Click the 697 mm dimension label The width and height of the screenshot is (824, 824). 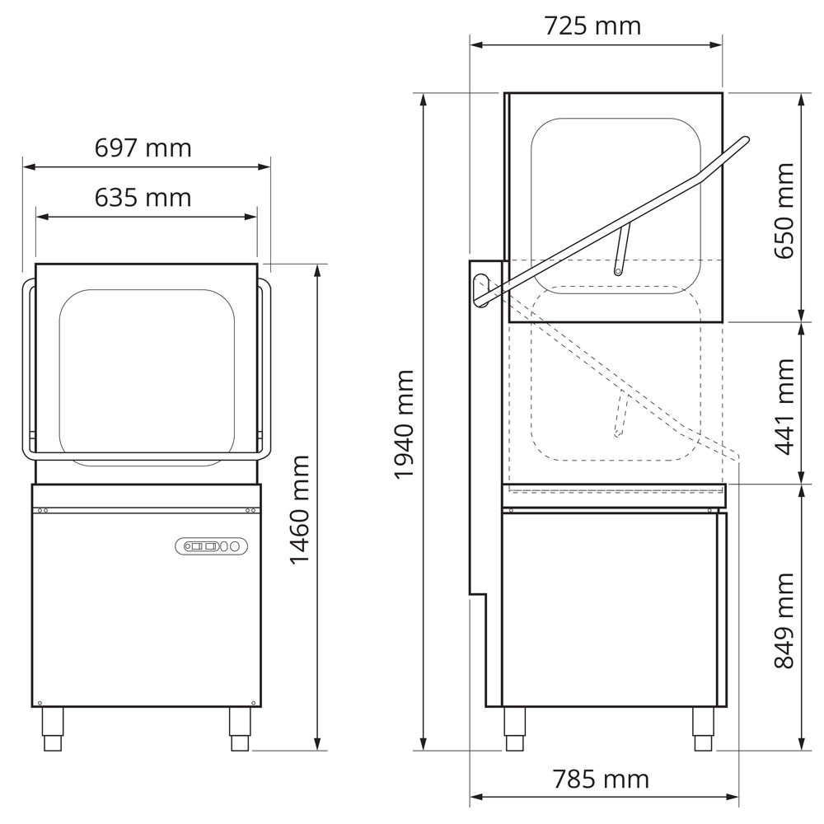[143, 148]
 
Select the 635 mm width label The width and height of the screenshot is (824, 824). [143, 198]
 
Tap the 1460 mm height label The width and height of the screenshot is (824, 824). [300, 509]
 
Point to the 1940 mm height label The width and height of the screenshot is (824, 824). [404, 424]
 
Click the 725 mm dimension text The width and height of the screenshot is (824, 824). [592, 26]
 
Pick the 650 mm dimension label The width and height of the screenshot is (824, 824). [784, 210]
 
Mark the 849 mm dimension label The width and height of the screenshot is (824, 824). [784, 620]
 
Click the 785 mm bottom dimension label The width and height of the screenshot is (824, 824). [601, 779]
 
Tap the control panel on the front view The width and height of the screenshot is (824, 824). [210, 545]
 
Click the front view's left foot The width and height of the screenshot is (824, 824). [53, 728]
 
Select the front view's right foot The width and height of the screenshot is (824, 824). [240, 728]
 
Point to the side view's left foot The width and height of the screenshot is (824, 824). [515, 728]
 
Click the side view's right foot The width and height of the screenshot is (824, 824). [703, 728]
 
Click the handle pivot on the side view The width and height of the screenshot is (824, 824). [482, 288]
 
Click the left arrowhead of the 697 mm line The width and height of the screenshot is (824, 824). [26, 167]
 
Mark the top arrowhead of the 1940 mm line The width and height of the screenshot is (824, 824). [424, 97]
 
